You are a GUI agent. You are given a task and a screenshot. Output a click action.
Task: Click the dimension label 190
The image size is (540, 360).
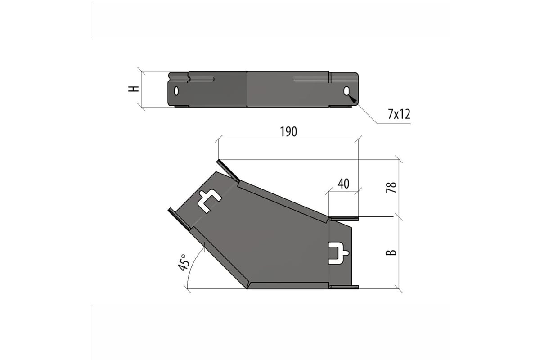[x=288, y=132]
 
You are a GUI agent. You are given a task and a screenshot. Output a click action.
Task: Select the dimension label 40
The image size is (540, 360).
[x=343, y=184]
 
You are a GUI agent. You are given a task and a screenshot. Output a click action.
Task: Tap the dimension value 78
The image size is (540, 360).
[x=391, y=188]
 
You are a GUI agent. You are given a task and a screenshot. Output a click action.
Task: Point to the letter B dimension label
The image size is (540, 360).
[x=391, y=252]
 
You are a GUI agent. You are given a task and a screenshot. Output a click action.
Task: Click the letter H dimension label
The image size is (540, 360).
[x=134, y=89]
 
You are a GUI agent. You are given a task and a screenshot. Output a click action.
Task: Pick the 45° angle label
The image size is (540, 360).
[x=183, y=262]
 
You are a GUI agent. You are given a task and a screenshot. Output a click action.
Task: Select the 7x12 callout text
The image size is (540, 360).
[x=399, y=114]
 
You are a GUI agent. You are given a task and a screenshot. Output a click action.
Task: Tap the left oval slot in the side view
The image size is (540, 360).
[x=176, y=91]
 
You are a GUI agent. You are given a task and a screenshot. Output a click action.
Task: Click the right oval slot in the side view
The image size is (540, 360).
[x=346, y=91]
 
